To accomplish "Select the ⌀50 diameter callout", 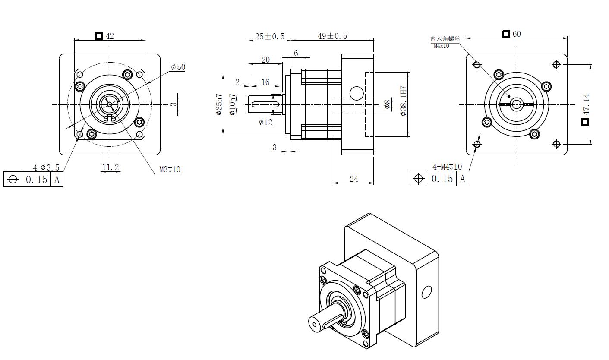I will tap(178, 67).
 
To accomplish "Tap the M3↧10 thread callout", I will tap(170, 170).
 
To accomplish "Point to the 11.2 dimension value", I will tap(110, 167).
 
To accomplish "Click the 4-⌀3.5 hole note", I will tap(46, 167).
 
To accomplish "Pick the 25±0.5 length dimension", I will tap(270, 36).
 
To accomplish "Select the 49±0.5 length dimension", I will tap(332, 36).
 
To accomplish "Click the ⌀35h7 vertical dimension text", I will tap(218, 104).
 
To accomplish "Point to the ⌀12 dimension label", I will tap(266, 122).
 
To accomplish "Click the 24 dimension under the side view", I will tap(354, 179).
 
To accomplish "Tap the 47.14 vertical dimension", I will tap(586, 104).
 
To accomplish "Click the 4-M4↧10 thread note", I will tap(447, 167).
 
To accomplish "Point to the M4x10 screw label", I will tap(441, 45).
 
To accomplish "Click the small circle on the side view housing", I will tap(357, 92).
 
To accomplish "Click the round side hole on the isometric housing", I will tap(426, 292).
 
